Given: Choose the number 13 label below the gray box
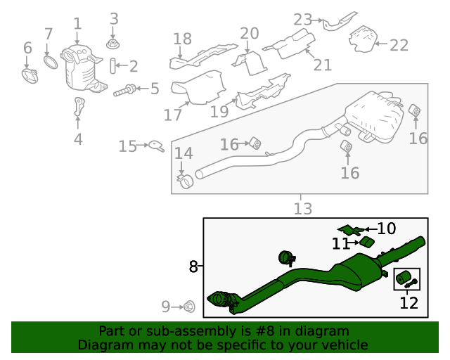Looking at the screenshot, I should (302, 208).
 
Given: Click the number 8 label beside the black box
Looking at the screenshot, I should (193, 266).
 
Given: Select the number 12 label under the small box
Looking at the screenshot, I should (409, 304).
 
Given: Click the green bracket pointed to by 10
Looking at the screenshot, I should (350, 229).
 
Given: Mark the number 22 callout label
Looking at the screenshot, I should (399, 45).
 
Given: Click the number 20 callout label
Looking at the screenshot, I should (250, 34).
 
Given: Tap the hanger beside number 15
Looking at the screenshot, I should (156, 146).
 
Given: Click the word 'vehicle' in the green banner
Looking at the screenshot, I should (345, 345).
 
